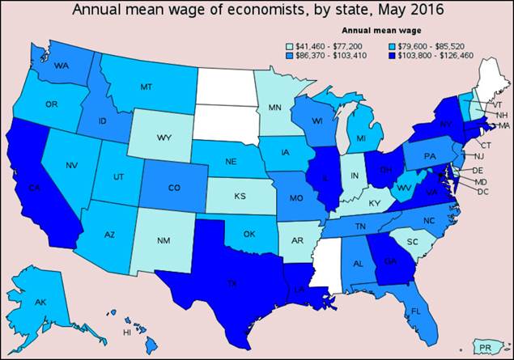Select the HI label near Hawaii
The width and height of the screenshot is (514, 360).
pos(126,332)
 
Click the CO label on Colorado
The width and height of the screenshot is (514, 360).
pos(173,188)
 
